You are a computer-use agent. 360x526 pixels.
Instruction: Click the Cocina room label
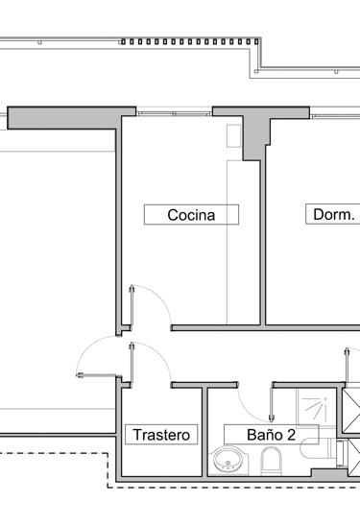click(x=190, y=215)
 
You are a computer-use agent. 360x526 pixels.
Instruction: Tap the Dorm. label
click(x=333, y=215)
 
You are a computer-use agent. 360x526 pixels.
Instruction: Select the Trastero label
click(x=162, y=435)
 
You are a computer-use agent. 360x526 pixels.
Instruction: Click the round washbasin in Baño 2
click(x=229, y=462)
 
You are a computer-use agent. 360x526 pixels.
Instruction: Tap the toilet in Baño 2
click(x=271, y=463)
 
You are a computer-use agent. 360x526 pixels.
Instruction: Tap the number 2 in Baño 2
click(x=289, y=435)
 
